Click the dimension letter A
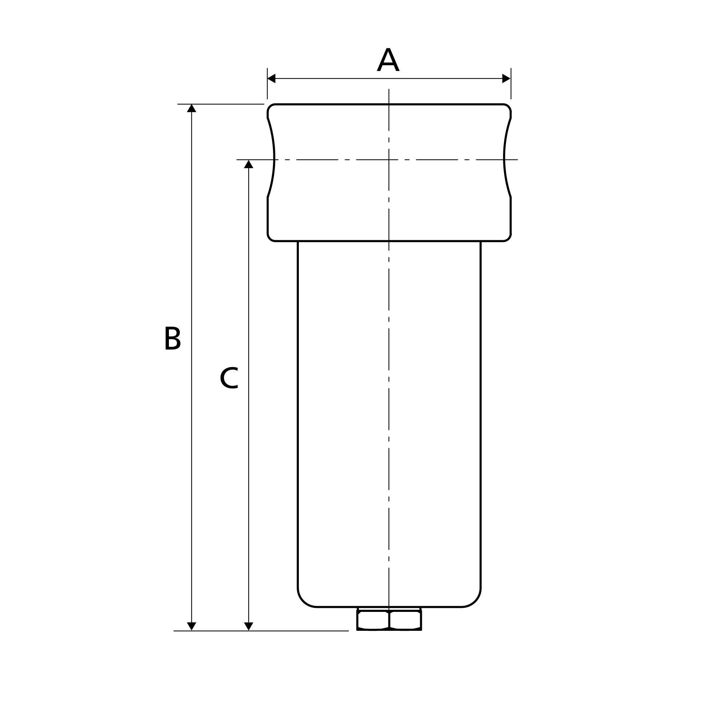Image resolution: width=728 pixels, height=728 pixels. [388, 60]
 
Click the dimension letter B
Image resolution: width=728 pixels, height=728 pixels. [173, 339]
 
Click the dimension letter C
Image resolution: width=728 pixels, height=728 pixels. [229, 378]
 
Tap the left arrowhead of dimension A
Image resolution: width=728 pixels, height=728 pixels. [271, 78]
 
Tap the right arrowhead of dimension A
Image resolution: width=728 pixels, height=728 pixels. [506, 78]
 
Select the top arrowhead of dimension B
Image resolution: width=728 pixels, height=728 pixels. [191, 108]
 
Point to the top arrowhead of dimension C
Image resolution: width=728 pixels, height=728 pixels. [248, 164]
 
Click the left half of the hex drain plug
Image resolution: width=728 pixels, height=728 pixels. [373, 621]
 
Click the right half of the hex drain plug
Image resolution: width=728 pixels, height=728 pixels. [405, 621]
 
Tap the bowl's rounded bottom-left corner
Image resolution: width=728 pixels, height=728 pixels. [303, 602]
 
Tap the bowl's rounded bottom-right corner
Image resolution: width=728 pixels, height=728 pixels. [475, 602]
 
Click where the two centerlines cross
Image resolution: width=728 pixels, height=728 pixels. [389, 160]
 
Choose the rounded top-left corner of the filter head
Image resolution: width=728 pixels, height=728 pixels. [269, 106]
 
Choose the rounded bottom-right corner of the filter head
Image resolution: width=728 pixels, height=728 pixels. [509, 238]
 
